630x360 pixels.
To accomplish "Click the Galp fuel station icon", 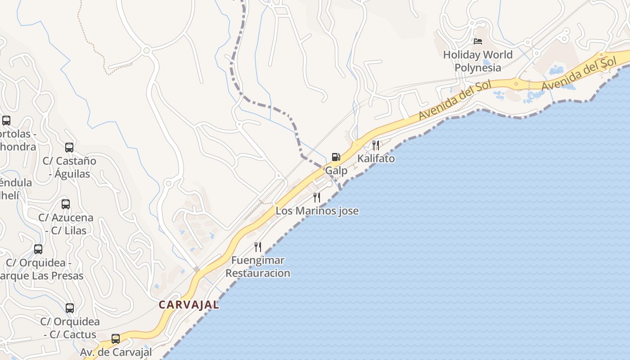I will point(336,157).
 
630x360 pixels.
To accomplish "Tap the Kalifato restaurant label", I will point(376,158).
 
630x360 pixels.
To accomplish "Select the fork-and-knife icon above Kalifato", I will point(375,145).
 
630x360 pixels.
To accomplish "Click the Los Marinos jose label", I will point(317,211).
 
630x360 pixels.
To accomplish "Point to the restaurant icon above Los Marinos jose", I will point(317,197).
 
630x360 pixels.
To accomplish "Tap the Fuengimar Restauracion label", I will point(258,266).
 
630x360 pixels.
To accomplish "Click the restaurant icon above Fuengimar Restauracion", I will point(258,247).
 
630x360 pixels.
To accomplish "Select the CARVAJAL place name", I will point(189,305).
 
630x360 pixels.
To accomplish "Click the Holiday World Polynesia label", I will point(477,61).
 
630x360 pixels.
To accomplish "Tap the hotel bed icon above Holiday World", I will point(478,41).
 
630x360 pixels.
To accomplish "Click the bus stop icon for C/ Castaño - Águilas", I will point(69,148).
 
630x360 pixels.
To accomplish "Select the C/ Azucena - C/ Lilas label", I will point(66,224).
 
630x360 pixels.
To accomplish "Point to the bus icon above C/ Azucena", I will point(66,204).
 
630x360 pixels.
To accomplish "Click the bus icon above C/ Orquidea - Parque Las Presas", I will point(38,249).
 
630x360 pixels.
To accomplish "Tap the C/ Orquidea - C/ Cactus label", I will point(70,328).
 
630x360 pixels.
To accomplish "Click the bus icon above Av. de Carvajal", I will point(116,339).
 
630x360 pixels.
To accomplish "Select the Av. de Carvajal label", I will point(116,352).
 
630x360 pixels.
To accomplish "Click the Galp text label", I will point(336,171).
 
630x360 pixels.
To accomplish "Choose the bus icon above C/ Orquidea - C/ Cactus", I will point(70,308).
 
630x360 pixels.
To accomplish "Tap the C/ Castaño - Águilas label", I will point(69,167).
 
